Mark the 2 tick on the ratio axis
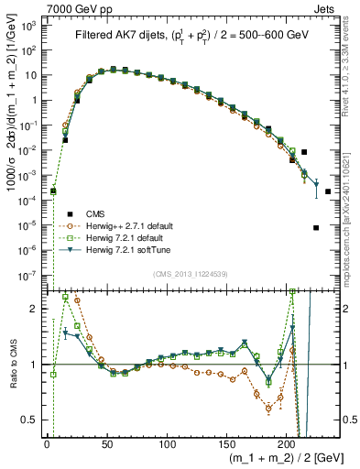click(37, 309)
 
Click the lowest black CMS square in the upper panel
click(316, 228)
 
